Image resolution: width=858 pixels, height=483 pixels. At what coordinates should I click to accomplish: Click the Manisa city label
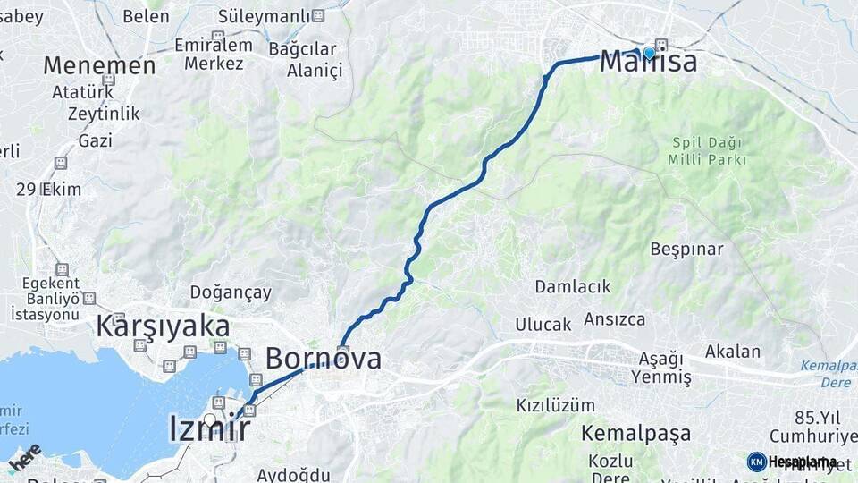tap(648, 62)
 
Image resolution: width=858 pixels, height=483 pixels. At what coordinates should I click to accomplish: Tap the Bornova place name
tap(324, 359)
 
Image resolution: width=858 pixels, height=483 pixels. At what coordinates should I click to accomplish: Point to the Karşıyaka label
tap(163, 326)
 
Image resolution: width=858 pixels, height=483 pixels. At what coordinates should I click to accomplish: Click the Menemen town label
tap(99, 65)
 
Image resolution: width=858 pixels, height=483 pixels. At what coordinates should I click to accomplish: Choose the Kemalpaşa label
tap(635, 434)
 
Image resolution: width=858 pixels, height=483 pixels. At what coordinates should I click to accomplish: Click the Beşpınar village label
tap(686, 249)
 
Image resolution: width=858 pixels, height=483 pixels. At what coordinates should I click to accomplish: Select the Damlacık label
tap(573, 286)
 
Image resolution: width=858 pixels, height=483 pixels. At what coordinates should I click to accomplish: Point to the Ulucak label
tap(543, 324)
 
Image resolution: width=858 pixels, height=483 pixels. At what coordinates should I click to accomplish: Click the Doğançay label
tap(231, 292)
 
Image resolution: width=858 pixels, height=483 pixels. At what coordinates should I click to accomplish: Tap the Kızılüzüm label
tap(554, 405)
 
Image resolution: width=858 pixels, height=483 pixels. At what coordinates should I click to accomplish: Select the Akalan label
tap(733, 352)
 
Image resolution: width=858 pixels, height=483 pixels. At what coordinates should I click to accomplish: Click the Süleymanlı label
tap(264, 16)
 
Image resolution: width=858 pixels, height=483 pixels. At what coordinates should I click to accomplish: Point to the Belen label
tap(146, 16)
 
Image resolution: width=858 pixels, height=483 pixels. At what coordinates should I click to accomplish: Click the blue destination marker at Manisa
tap(649, 53)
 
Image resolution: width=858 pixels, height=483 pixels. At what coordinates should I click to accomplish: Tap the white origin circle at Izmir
tap(209, 419)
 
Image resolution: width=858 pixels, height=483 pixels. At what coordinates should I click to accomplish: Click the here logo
tap(24, 458)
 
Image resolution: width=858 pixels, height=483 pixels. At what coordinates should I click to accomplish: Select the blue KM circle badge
tap(756, 462)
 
